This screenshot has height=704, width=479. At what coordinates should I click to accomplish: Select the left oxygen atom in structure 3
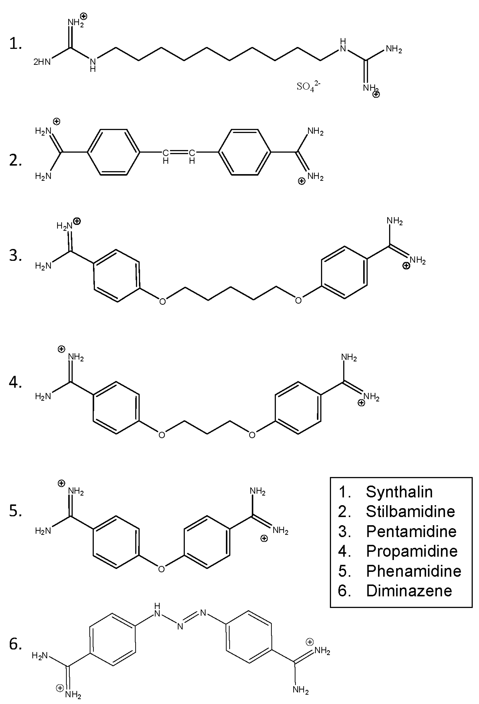tap(163, 301)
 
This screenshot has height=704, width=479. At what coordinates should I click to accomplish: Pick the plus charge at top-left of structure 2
tap(57, 121)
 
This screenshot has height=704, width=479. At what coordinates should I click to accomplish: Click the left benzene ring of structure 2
tap(113, 152)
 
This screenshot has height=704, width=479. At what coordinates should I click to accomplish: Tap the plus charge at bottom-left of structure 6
tap(60, 688)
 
